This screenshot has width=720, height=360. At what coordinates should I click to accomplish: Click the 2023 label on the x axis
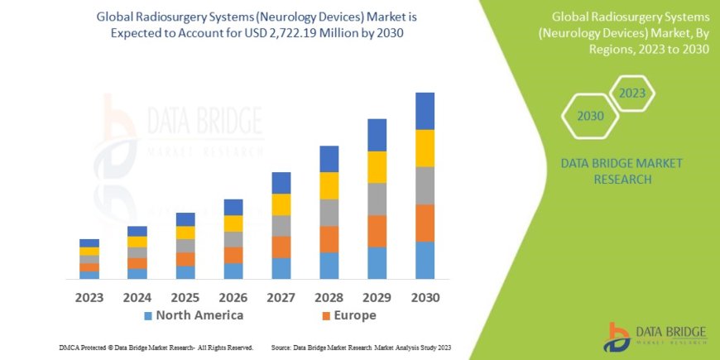click(89, 297)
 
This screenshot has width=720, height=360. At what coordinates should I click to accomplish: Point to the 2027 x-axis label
click(281, 297)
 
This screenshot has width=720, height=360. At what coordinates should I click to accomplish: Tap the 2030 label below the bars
click(425, 297)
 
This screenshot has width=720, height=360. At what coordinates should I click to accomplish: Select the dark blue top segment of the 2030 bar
click(425, 111)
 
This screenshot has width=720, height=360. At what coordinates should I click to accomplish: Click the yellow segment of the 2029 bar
click(377, 167)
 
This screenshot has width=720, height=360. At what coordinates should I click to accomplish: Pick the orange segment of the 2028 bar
click(329, 239)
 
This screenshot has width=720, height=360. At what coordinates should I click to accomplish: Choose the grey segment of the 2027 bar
click(281, 226)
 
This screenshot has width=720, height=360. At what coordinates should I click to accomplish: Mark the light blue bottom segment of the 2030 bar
click(425, 260)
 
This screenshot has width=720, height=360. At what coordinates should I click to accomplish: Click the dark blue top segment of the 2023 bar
click(89, 242)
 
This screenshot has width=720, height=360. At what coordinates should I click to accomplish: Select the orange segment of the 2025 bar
click(185, 259)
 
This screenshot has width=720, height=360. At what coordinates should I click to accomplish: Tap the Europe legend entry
click(348, 315)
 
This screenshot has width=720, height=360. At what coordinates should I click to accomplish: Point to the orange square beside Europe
click(325, 316)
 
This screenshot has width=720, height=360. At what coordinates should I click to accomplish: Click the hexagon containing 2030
click(590, 116)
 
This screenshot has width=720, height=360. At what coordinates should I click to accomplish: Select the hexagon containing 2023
click(632, 93)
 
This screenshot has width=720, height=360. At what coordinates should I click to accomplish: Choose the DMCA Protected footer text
click(156, 348)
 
